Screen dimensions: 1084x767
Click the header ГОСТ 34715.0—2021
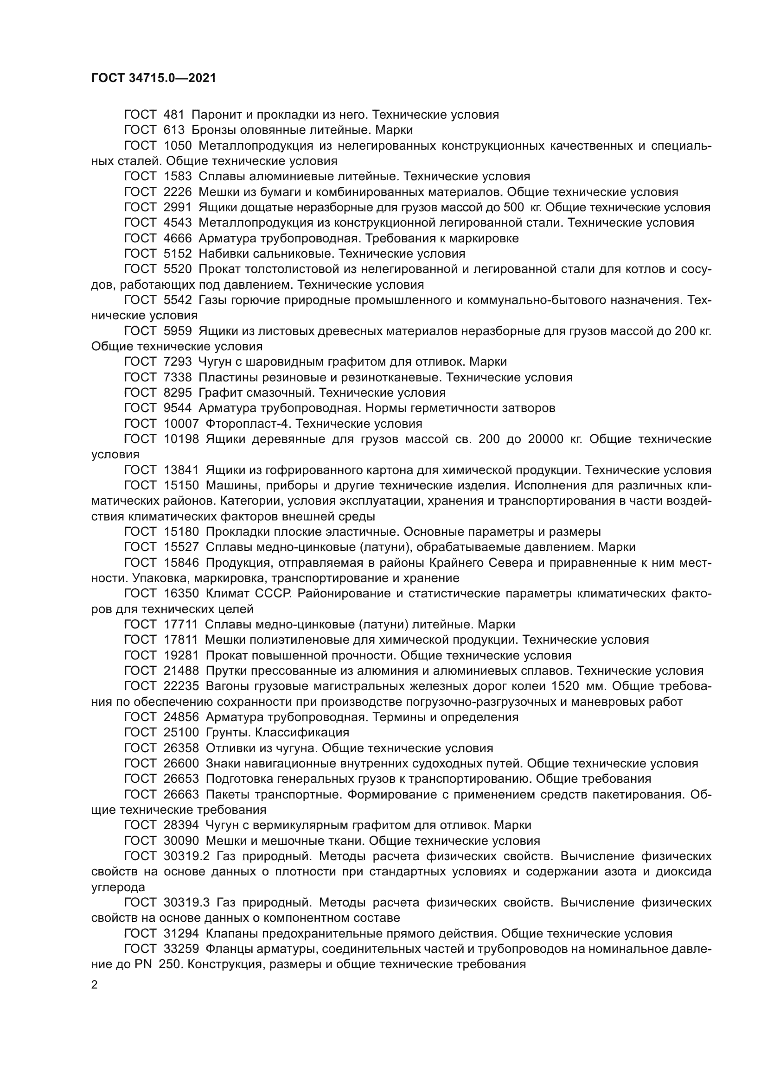[153, 78]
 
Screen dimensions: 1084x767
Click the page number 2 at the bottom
[95, 985]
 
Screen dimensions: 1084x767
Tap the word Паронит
[217, 115]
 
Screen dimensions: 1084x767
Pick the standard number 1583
[178, 177]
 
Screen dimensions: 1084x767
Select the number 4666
[178, 238]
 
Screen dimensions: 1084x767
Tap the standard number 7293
[178, 362]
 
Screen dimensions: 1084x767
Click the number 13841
[181, 470]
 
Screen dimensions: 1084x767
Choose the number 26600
[181, 763]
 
